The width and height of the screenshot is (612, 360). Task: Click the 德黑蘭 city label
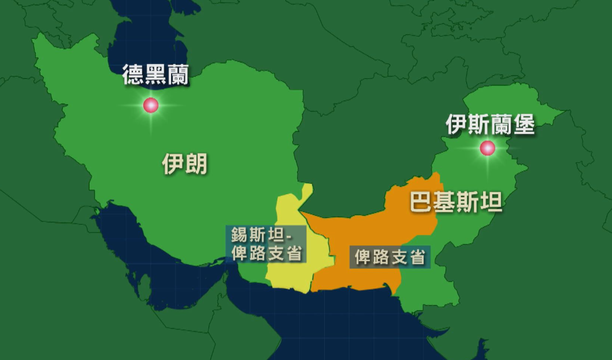click(x=155, y=75)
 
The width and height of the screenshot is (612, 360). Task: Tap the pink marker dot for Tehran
click(x=151, y=105)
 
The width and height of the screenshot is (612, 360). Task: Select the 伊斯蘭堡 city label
click(x=490, y=124)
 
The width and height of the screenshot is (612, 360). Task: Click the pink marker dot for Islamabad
click(x=488, y=149)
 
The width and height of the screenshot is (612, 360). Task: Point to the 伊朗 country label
click(x=185, y=165)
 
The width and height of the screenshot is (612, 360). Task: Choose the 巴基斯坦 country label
click(x=456, y=203)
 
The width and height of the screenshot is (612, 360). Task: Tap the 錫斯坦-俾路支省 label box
click(x=266, y=244)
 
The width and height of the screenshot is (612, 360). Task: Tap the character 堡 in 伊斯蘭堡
click(x=524, y=124)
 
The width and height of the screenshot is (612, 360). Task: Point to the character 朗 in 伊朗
click(x=196, y=165)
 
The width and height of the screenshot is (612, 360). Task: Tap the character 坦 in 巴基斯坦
click(x=491, y=203)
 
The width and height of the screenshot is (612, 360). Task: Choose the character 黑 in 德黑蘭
click(x=155, y=75)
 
